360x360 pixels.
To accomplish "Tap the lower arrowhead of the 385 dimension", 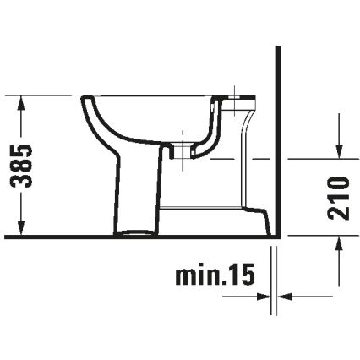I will point(23,228).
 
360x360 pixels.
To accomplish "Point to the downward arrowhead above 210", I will point(338,151).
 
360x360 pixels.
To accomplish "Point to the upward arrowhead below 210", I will point(338,243).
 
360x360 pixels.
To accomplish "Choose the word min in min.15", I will point(195,275).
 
